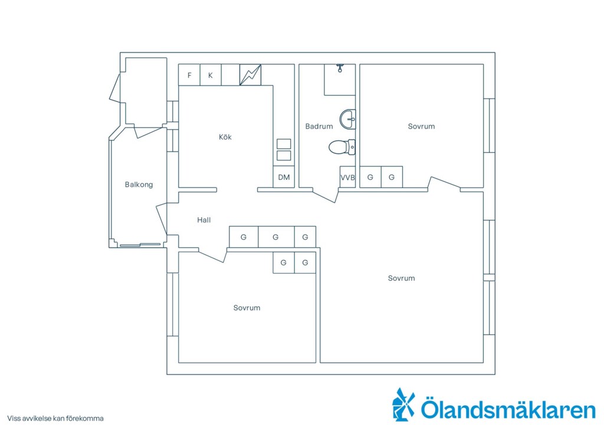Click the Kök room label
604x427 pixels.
[225, 137]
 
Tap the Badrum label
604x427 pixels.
[319, 126]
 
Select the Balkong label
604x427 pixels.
[139, 185]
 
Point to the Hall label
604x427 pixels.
[203, 220]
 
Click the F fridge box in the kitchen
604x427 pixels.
[189, 75]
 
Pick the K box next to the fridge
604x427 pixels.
[211, 75]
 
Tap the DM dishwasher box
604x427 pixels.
[284, 177]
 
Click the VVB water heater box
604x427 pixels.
[347, 178]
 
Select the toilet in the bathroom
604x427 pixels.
[342, 147]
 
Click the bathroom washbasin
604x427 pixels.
[347, 119]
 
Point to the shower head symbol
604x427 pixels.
[340, 68]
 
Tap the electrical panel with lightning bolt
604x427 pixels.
[250, 75]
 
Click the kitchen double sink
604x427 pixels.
[284, 150]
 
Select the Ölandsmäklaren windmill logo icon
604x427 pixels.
[403, 404]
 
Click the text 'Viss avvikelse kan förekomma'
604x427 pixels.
[55, 419]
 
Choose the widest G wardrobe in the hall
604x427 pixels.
[276, 237]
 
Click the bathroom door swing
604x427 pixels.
[326, 196]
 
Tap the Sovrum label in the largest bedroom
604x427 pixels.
[401, 278]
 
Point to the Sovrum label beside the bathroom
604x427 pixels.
[421, 126]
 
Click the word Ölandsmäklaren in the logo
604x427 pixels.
[508, 409]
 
